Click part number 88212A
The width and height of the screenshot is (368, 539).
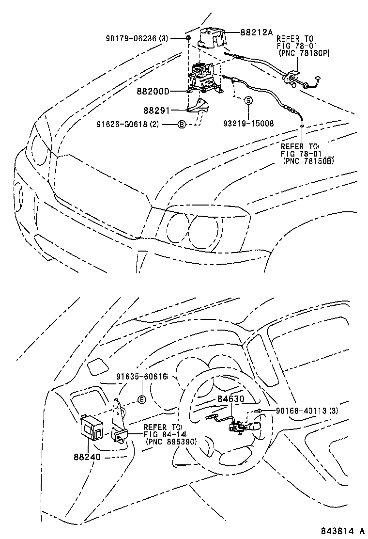(257, 33)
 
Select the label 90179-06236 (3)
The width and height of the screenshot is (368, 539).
(137, 38)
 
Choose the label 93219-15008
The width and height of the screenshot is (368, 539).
(248, 124)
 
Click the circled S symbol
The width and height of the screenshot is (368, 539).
(248, 101)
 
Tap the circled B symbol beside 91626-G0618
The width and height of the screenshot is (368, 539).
(181, 125)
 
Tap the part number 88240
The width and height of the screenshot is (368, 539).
(90, 456)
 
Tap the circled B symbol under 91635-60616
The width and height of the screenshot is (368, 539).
(142, 399)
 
